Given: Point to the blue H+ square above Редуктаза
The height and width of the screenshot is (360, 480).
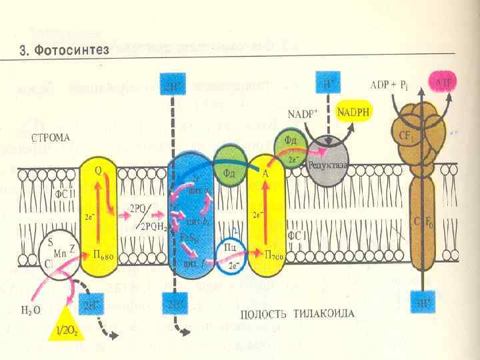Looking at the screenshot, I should coord(327,85).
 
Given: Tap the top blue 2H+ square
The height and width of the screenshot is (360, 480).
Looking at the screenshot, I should coord(171,85).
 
